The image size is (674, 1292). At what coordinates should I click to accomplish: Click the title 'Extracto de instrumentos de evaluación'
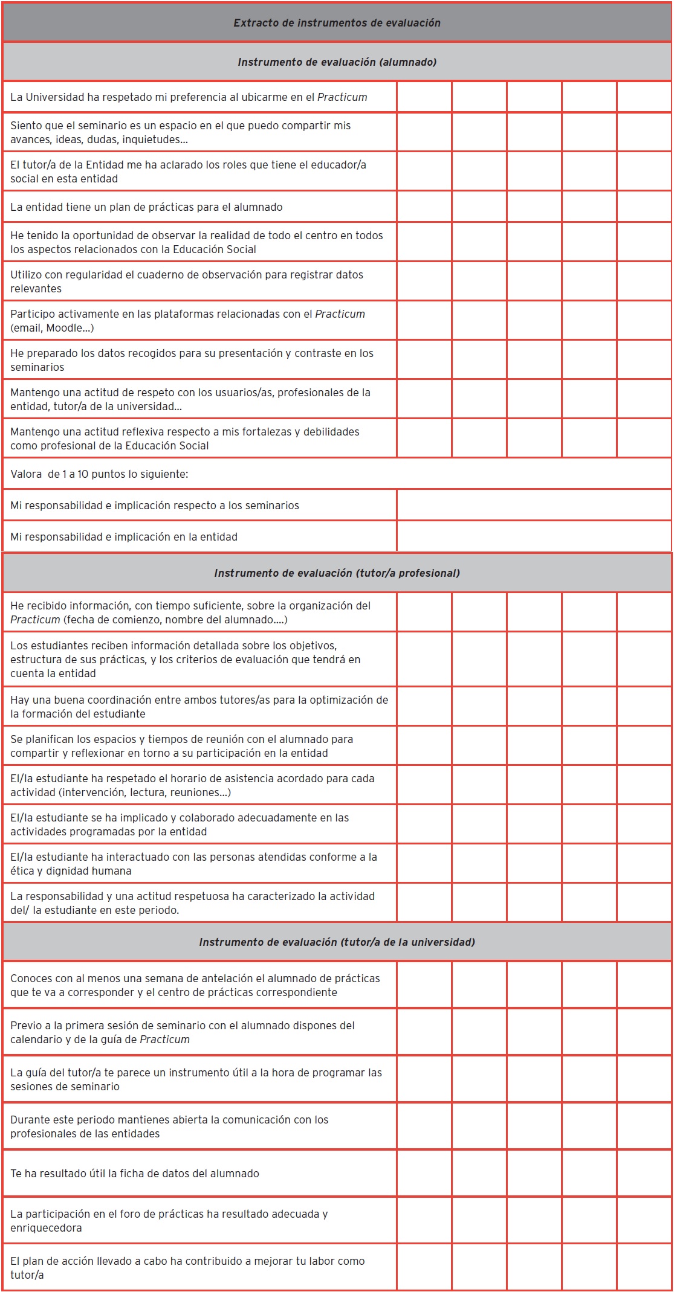pos(337,23)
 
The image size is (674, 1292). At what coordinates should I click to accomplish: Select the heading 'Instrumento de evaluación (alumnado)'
pos(337,62)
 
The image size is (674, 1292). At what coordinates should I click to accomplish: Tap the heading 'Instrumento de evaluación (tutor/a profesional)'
pos(337,573)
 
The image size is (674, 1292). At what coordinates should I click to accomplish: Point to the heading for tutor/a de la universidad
pos(337,942)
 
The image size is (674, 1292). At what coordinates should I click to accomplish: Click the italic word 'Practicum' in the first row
pos(342,97)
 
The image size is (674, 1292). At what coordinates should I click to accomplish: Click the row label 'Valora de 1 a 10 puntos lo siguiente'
pos(99,474)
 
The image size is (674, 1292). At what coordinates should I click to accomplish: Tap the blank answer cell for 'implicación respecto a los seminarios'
pos(534,505)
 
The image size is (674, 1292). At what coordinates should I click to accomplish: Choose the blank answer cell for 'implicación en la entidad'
pos(534,536)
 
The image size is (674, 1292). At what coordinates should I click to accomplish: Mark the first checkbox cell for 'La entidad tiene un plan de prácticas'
pos(424,207)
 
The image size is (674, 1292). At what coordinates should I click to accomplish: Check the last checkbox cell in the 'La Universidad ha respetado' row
pos(644,97)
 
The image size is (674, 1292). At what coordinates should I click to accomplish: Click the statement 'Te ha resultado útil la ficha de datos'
pos(135,1174)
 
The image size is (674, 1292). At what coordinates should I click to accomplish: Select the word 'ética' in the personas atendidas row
pos(22,871)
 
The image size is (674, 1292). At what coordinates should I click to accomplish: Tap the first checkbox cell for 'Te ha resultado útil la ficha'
pos(424,1174)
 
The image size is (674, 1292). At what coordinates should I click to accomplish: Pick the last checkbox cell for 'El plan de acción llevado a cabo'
pos(644,1267)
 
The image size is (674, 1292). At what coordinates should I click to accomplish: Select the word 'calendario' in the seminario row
pos(36,1040)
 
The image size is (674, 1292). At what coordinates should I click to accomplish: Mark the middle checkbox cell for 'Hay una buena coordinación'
pos(534,706)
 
